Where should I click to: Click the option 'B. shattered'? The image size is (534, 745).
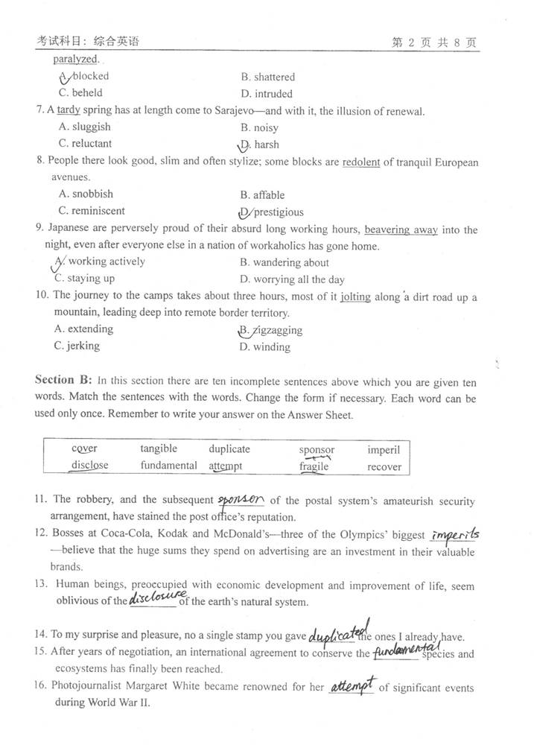(268, 77)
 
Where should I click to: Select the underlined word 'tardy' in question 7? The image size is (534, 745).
(69, 111)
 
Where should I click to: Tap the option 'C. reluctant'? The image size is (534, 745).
(85, 144)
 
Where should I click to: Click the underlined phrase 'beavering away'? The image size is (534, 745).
(401, 229)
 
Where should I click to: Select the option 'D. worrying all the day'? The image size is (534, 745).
(292, 279)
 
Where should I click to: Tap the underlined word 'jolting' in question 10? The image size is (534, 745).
(355, 297)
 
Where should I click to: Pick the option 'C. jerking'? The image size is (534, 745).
(77, 346)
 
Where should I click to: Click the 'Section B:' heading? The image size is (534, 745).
(63, 380)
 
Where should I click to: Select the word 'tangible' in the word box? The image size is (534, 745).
(159, 448)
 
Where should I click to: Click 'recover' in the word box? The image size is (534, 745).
(384, 467)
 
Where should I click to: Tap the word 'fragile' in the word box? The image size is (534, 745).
(314, 467)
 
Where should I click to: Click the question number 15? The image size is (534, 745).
(41, 653)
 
